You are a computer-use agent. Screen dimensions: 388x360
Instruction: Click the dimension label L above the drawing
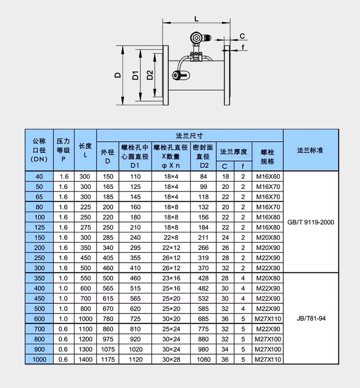click(196, 19)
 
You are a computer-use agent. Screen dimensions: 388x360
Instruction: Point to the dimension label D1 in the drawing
click(135, 75)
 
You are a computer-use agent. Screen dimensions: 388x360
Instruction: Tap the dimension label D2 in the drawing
click(150, 75)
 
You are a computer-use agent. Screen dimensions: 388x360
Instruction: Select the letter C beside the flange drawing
click(242, 36)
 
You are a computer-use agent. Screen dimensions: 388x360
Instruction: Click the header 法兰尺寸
click(190, 135)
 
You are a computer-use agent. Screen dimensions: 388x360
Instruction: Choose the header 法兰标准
click(310, 150)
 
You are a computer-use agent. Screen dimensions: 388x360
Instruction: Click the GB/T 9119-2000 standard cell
click(311, 222)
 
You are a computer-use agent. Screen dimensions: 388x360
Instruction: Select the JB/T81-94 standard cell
click(311, 318)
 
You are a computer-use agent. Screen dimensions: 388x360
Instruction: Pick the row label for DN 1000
click(39, 359)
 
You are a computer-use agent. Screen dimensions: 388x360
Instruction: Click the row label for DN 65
click(39, 197)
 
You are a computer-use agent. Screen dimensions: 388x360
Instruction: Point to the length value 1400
click(85, 359)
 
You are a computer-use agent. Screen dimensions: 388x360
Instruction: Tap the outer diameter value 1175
click(108, 359)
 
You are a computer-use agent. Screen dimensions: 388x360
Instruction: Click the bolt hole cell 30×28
click(171, 359)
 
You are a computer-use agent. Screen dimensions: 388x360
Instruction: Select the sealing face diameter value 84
click(203, 176)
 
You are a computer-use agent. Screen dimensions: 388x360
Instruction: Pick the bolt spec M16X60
click(267, 176)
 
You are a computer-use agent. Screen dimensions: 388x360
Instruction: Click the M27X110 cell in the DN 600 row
click(267, 318)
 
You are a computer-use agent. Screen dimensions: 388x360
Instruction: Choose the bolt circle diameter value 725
click(135, 318)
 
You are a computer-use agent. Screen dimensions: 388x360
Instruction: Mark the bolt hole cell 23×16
click(171, 278)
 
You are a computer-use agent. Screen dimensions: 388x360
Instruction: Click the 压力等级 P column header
click(63, 150)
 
